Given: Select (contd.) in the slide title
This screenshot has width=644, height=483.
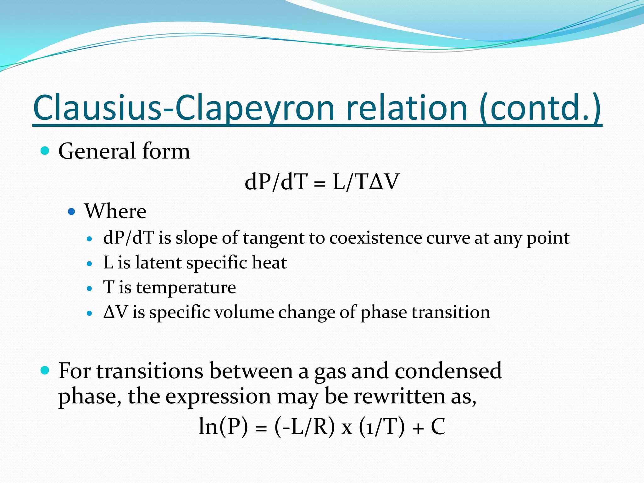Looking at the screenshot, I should click(540, 108).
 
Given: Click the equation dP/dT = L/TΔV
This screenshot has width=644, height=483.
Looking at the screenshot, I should click(322, 182).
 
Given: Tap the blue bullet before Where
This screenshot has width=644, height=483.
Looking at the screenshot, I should click(72, 211).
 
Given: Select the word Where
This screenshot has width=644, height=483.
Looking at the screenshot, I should click(115, 211).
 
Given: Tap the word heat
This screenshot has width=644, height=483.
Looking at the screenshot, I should click(269, 263).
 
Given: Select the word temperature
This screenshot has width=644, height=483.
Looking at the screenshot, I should click(186, 287).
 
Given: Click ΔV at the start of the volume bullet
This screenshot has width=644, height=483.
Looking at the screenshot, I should click(115, 312).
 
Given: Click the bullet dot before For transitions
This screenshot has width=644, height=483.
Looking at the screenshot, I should click(45, 370).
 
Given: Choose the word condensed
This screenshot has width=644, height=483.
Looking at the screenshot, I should click(448, 371).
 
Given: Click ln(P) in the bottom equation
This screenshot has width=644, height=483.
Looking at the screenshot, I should click(223, 427).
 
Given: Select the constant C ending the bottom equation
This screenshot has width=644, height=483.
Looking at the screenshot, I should click(438, 427).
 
